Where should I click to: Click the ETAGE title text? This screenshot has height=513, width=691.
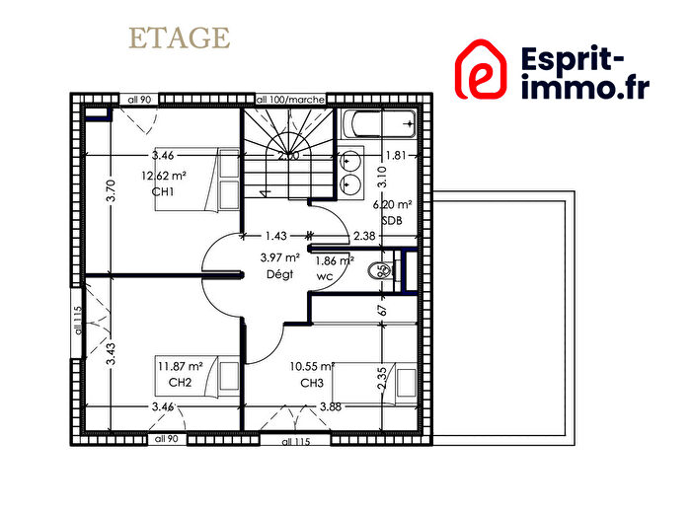tap(179, 38)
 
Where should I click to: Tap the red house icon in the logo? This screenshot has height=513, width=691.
tap(481, 70)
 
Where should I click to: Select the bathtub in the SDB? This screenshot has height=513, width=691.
tap(379, 125)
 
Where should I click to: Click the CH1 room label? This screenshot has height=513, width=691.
tap(163, 191)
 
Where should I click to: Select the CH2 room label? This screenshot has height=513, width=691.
tap(179, 382)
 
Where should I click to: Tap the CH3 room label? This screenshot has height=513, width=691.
tap(312, 382)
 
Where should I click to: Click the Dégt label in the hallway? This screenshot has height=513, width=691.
tap(279, 275)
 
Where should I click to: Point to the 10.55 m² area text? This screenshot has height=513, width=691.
tap(313, 366)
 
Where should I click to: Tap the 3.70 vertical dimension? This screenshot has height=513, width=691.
tap(111, 190)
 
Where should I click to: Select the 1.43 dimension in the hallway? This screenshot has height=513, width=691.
tap(275, 236)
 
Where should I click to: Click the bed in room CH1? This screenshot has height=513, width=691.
tap(212, 180)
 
